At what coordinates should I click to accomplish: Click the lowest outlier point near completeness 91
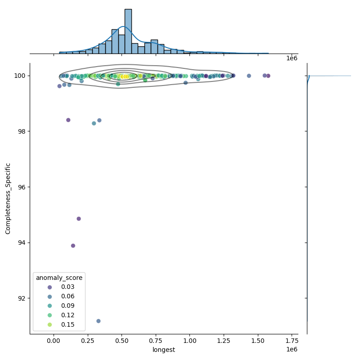click(99, 321)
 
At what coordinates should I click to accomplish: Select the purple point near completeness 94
click(73, 246)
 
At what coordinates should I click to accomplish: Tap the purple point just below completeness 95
click(79, 219)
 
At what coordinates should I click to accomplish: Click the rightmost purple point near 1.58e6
click(268, 76)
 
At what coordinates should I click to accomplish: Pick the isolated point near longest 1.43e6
click(249, 76)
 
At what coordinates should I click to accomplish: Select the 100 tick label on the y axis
click(21, 76)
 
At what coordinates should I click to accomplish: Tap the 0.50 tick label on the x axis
click(121, 341)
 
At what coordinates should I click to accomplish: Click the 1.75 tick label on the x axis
click(292, 341)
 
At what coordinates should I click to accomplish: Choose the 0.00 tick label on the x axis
click(54, 341)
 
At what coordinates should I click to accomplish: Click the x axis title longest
click(164, 350)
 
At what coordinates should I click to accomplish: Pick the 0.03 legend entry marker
click(50, 287)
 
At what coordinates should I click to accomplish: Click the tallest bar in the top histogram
click(128, 31)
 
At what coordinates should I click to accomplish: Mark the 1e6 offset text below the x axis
click(292, 350)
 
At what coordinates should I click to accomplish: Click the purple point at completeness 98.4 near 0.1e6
click(68, 120)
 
